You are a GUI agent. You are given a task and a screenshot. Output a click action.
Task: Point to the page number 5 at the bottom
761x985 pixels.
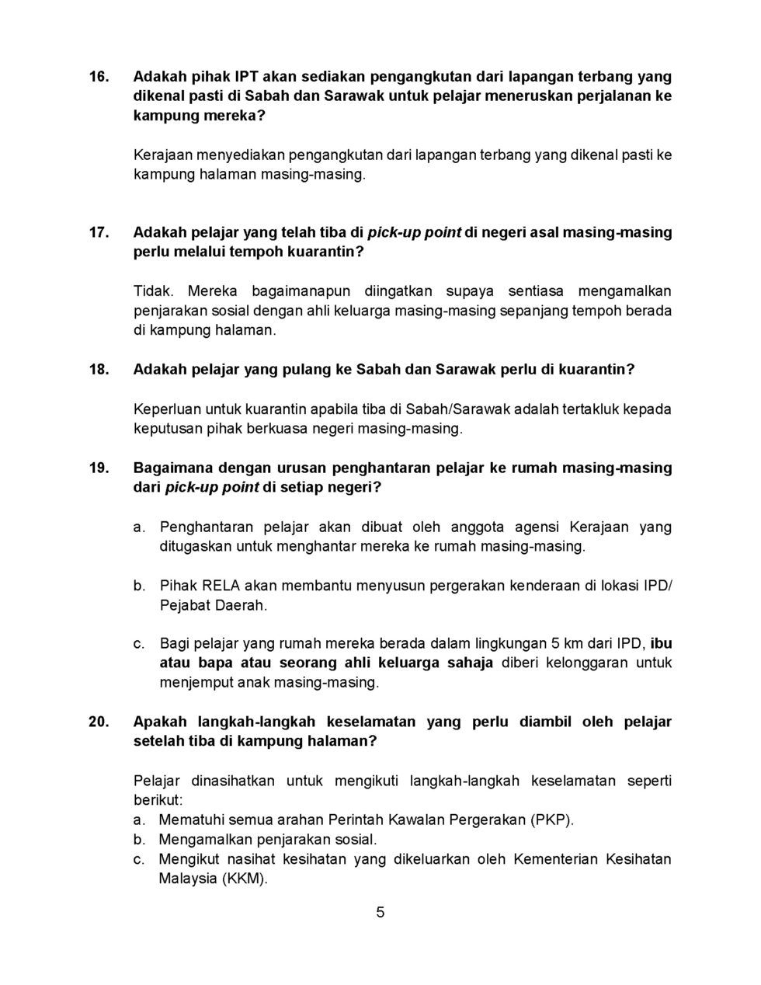(x=380, y=913)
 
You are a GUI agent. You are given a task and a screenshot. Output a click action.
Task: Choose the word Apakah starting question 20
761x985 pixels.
(x=160, y=722)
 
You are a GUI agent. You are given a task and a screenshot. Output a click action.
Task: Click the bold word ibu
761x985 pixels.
(x=661, y=644)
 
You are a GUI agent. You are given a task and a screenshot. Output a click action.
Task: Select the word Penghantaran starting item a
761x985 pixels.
(x=207, y=527)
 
